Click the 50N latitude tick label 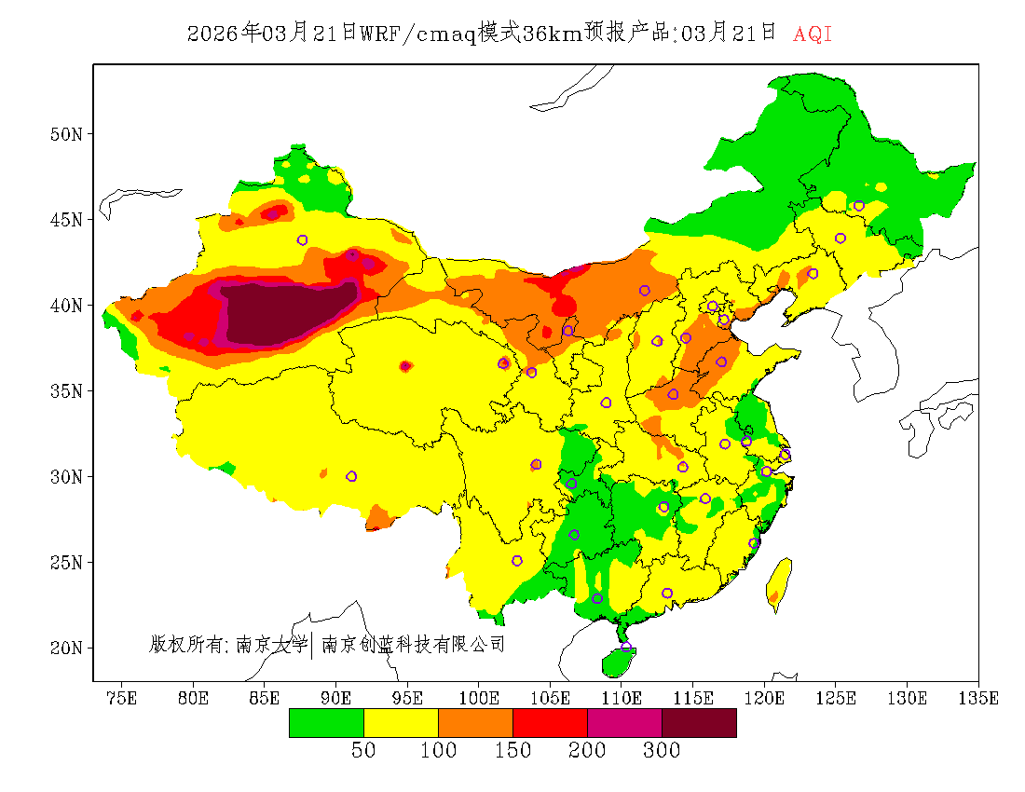click(65, 134)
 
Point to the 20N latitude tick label click(65, 648)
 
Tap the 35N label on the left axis click(65, 390)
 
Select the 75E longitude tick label click(122, 697)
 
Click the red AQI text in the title click(813, 34)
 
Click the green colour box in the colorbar click(326, 722)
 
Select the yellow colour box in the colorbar click(401, 722)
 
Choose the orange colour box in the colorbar click(475, 722)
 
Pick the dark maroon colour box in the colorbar click(699, 722)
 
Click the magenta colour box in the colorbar click(624, 722)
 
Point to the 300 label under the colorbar click(662, 751)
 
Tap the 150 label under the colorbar click(512, 751)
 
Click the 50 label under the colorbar click(363, 751)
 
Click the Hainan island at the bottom click(618, 661)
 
